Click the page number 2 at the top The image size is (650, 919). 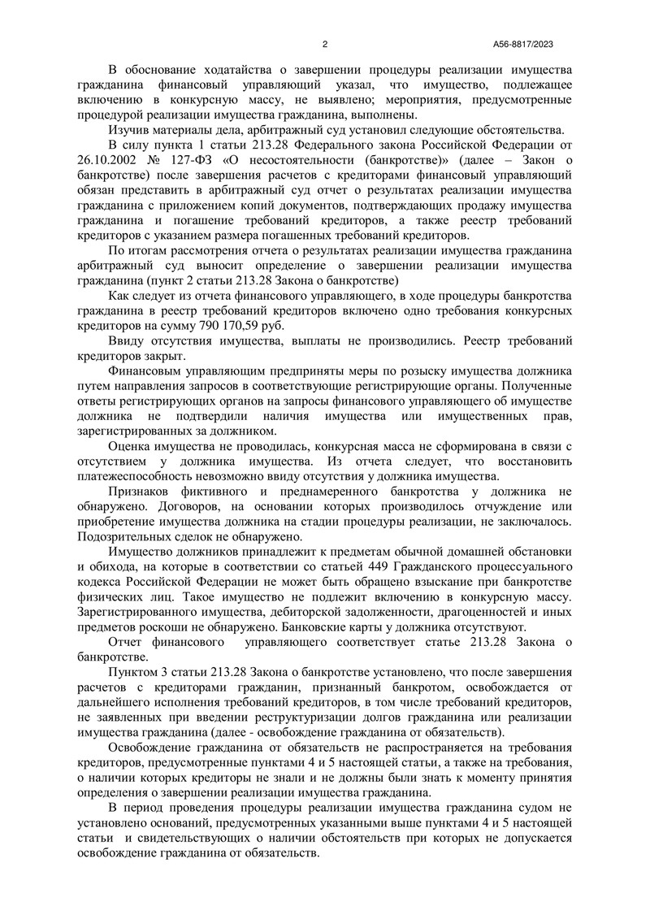[325, 45]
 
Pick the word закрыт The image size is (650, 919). [166, 355]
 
